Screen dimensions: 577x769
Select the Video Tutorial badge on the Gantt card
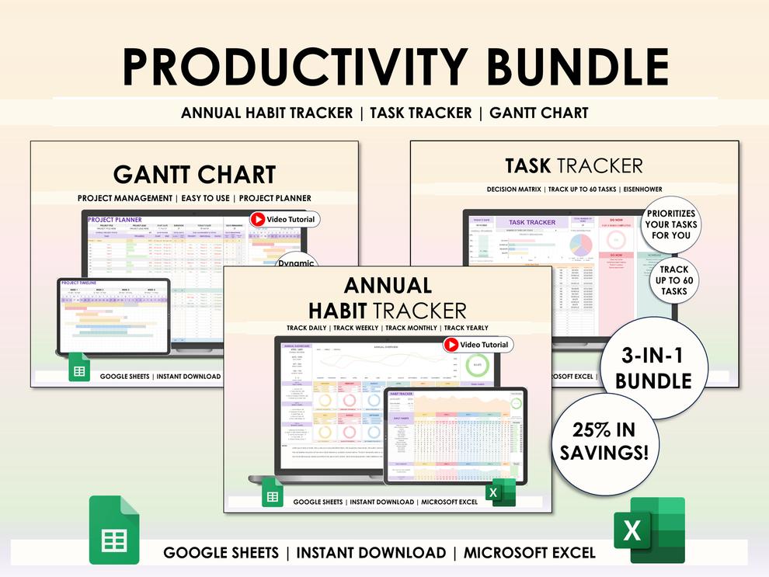(x=284, y=220)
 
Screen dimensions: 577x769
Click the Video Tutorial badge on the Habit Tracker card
(x=477, y=345)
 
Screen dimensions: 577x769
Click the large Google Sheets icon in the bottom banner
(x=114, y=530)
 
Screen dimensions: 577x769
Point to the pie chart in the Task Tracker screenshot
(x=580, y=245)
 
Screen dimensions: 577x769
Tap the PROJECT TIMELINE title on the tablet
(x=79, y=283)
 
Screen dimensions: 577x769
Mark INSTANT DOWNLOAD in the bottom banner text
(x=371, y=553)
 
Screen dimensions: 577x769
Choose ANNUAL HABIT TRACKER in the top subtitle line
(x=266, y=113)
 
